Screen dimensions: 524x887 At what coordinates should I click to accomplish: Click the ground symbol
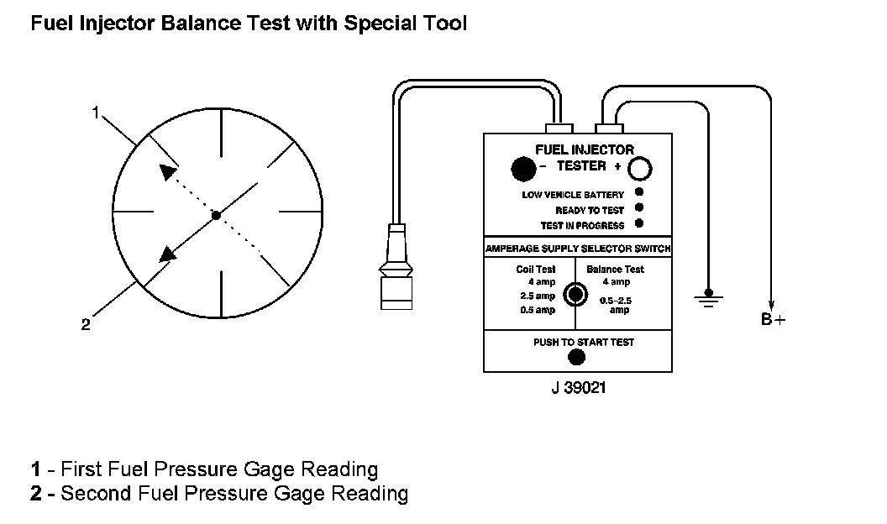click(710, 298)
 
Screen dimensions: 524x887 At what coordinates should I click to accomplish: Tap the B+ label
click(773, 319)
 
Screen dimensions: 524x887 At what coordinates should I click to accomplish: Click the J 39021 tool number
click(576, 388)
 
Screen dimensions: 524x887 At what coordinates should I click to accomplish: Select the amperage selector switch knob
click(575, 294)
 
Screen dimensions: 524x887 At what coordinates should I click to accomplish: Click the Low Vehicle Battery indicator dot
click(639, 193)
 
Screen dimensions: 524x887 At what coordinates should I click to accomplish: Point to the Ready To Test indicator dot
click(639, 208)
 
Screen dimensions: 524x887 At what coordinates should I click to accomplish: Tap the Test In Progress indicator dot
click(639, 223)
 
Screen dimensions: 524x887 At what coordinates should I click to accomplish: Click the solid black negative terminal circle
click(523, 169)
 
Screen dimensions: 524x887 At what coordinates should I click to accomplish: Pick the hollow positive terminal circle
click(640, 169)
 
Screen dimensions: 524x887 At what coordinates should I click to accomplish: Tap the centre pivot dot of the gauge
click(216, 215)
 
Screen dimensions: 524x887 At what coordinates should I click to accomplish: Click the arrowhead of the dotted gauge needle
click(169, 171)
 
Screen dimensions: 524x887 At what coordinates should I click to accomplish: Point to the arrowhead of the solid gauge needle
click(168, 254)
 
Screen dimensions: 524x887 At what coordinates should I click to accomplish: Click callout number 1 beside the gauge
click(97, 112)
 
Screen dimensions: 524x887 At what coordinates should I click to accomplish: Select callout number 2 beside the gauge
click(86, 324)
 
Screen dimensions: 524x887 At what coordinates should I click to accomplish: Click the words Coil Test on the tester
click(536, 270)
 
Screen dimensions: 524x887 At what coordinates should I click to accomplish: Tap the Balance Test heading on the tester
click(615, 270)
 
